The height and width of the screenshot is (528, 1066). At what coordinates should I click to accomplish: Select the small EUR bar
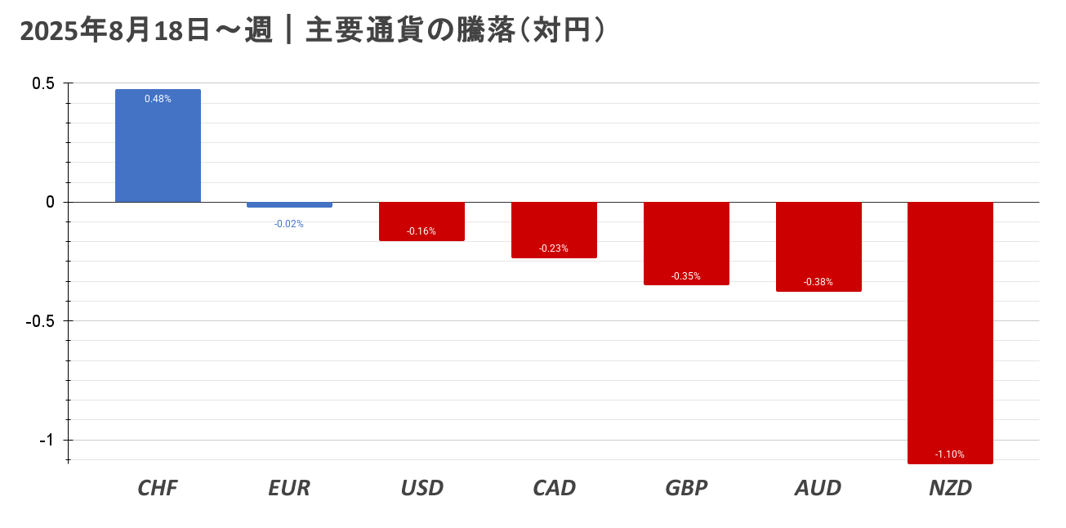289,204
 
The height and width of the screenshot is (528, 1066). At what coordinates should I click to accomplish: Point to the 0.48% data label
158,99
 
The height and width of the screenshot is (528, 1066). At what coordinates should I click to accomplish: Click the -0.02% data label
289,224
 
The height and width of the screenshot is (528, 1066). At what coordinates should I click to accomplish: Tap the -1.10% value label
950,454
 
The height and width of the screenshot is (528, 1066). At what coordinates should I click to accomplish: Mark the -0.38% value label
818,282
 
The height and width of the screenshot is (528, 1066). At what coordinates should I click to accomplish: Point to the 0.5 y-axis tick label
43,83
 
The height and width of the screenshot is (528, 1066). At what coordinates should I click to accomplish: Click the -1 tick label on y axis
47,440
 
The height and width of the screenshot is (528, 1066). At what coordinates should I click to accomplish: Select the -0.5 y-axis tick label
40,321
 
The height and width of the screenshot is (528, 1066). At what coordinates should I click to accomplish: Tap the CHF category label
158,488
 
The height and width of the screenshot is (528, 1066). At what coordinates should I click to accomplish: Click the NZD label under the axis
950,488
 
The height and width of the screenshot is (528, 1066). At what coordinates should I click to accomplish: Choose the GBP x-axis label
686,488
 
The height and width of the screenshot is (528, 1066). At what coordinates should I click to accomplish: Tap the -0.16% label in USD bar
421,231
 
